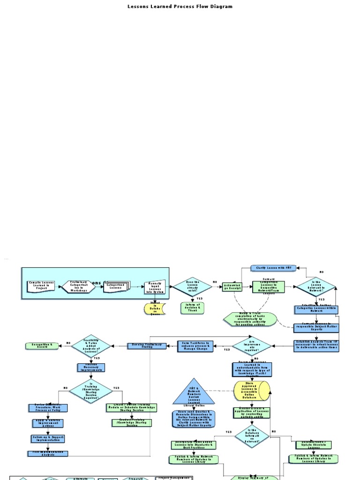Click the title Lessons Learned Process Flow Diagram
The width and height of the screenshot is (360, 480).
[180, 7]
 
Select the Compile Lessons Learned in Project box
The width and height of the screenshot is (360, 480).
[41, 286]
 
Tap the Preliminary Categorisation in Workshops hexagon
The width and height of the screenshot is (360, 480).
[79, 286]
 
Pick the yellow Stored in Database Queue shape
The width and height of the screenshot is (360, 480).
[154, 309]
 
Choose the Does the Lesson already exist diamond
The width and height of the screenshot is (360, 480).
[193, 286]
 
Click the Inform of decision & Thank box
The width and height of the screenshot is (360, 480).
[193, 308]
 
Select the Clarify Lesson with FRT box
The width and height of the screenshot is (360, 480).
[274, 268]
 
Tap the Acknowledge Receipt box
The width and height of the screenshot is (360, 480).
[232, 287]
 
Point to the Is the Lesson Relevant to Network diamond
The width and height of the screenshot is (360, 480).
[315, 287]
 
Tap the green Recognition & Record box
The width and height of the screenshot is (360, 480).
[42, 345]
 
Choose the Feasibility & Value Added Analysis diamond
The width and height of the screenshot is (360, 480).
[90, 345]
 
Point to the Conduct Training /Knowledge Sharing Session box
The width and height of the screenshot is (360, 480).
[132, 422]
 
